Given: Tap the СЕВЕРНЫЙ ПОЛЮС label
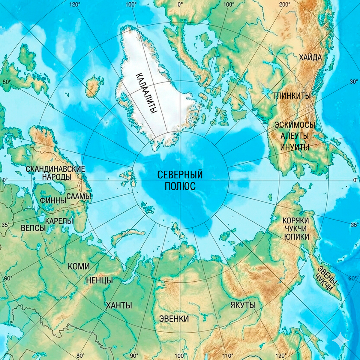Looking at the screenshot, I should (x=180, y=180).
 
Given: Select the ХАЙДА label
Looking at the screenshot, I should (x=310, y=58).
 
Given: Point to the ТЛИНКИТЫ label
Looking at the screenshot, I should (x=291, y=96).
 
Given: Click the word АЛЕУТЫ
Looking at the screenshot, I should (x=295, y=136).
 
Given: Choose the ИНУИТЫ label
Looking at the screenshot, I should (x=295, y=147).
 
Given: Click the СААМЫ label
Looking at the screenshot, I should (x=78, y=196).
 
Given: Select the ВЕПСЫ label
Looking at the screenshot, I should (x=33, y=228).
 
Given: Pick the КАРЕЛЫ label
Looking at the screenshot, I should (x=59, y=221).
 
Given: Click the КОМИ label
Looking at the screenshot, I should (x=79, y=266).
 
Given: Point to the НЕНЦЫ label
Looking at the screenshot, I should (x=99, y=280).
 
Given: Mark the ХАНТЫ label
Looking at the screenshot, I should (x=119, y=306).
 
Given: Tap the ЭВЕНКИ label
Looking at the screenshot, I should (x=174, y=318).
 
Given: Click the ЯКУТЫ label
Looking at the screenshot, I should (x=243, y=305).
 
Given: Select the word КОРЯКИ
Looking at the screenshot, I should (x=295, y=220).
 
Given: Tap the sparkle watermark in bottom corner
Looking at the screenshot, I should (x=340, y=341).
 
